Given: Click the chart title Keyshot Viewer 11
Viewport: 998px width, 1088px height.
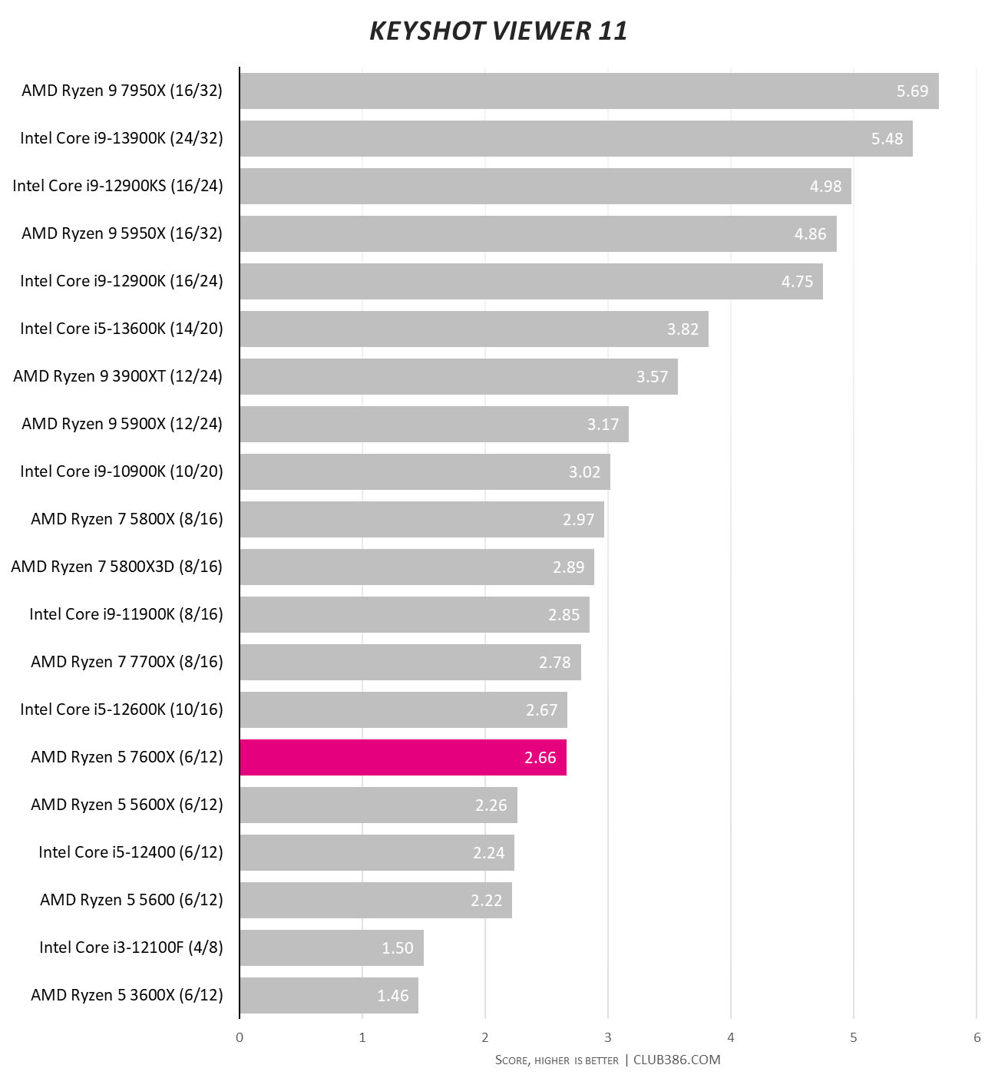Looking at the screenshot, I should click(498, 31).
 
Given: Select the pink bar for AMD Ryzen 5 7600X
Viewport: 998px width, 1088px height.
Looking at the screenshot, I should click(403, 757).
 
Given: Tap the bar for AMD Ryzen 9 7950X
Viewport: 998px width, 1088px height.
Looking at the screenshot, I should click(589, 91).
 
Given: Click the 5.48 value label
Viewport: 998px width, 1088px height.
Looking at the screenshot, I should click(887, 139).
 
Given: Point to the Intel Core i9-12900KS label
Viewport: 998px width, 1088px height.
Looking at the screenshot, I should click(117, 186).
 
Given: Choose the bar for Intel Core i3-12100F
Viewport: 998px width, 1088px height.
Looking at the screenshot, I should click(331, 947).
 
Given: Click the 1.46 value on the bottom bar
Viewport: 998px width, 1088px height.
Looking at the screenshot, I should click(392, 996).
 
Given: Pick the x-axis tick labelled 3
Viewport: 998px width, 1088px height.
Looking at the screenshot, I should click(608, 1037).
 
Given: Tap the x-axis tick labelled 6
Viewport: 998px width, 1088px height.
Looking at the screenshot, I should click(977, 1037).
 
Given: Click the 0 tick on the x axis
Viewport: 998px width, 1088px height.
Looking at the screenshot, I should click(240, 1037).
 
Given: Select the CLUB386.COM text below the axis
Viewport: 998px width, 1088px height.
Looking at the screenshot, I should click(676, 1060).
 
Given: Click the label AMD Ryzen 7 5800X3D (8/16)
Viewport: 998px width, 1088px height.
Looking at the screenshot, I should click(117, 567).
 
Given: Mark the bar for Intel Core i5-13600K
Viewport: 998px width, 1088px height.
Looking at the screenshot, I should click(474, 329).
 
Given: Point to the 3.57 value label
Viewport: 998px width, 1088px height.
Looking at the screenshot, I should click(652, 377).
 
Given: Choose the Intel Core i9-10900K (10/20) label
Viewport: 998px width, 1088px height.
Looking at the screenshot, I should click(121, 471).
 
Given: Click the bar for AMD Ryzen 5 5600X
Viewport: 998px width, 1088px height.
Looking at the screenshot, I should click(378, 805).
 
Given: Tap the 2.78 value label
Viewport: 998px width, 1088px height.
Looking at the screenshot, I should click(554, 663).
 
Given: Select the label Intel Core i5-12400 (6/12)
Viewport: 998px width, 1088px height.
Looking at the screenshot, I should click(131, 852).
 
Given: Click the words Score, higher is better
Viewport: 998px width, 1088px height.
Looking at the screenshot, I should click(557, 1060).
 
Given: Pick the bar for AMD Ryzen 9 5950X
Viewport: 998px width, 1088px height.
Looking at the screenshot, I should click(537, 233).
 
